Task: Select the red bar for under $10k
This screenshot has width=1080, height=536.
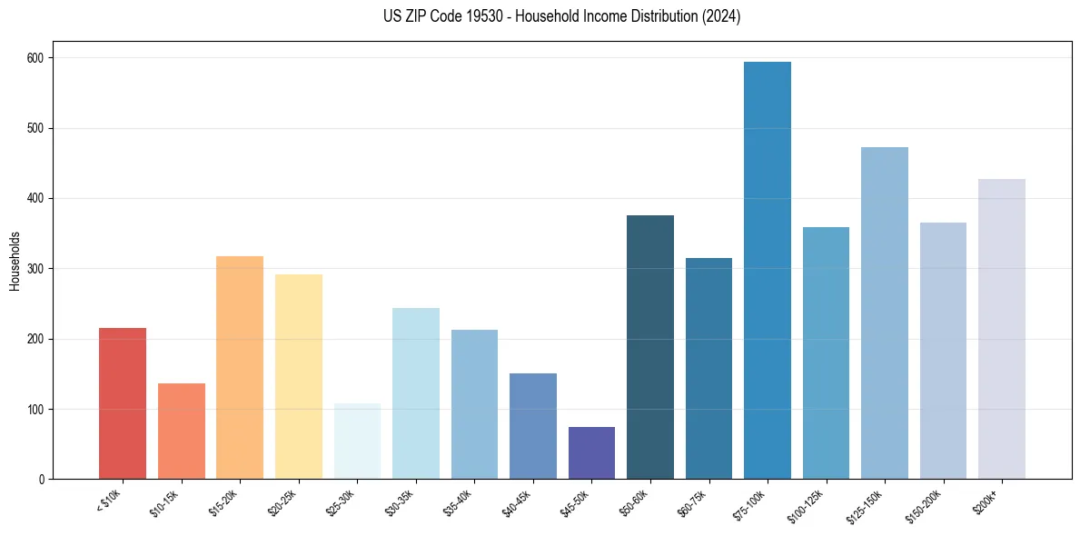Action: tap(123, 403)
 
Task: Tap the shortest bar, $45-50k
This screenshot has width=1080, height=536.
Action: tap(591, 453)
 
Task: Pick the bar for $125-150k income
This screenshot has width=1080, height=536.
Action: tap(884, 313)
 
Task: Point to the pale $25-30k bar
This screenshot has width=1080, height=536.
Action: tap(357, 442)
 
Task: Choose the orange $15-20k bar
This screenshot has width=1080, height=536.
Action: tap(240, 368)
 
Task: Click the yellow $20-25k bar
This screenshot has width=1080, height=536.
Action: tap(298, 377)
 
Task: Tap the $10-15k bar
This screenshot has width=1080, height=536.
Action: tap(181, 432)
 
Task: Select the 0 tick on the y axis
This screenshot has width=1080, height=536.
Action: tap(42, 480)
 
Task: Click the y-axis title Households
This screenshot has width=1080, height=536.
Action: tap(15, 261)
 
